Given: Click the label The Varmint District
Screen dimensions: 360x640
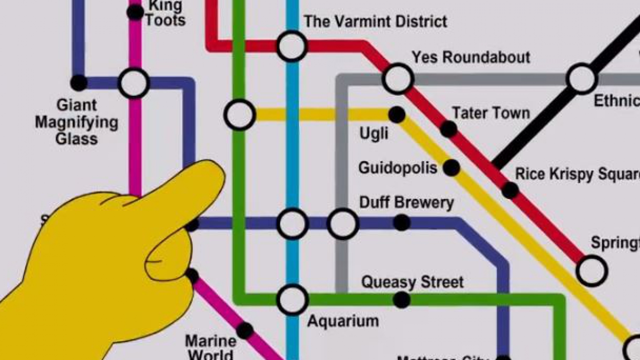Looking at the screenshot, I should [375, 21].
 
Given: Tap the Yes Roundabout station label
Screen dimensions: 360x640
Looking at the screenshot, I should [470, 57].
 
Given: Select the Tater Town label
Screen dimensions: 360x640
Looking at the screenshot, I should [490, 113].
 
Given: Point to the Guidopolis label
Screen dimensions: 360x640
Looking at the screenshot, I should [397, 167].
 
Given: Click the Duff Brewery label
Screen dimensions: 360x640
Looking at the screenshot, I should [406, 202].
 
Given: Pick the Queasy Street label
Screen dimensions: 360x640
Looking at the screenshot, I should [412, 282].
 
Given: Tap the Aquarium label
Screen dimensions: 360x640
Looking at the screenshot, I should [342, 320].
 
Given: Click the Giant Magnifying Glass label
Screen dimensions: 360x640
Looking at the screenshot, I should [76, 121].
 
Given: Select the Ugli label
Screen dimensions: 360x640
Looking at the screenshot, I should [373, 133].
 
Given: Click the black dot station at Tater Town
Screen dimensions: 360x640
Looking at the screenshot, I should [448, 129].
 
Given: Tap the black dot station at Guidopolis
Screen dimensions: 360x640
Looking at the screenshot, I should [451, 167].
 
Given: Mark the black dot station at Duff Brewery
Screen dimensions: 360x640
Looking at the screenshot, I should [401, 222].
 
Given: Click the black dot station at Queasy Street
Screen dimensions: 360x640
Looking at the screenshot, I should [401, 300].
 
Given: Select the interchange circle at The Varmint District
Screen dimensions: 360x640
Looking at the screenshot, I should [292, 46].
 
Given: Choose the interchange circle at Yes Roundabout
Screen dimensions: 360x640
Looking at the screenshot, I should [398, 78].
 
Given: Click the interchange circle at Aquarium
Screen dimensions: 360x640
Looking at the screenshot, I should [292, 299].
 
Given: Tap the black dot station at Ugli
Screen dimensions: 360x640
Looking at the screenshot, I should [396, 114].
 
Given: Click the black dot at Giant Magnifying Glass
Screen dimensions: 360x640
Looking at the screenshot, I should [78, 82].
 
